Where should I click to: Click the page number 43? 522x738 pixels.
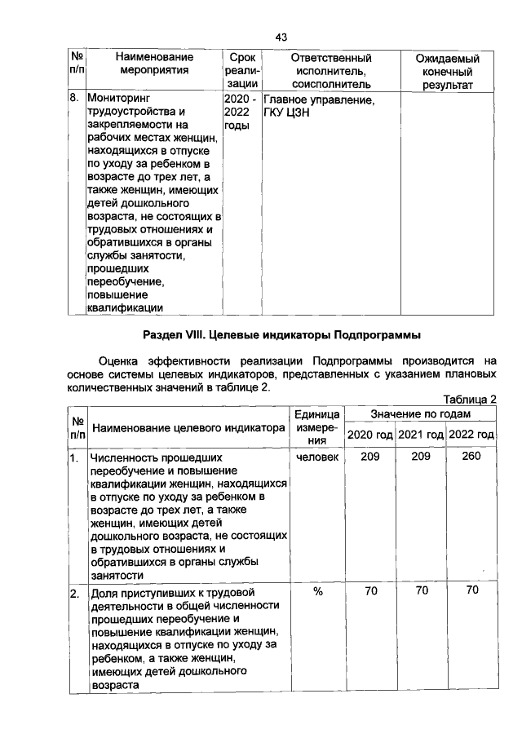click(282, 38)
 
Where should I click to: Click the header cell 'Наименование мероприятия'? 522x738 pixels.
click(154, 64)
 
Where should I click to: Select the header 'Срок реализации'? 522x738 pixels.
click(242, 71)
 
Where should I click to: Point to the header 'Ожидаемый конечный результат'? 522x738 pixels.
click(447, 72)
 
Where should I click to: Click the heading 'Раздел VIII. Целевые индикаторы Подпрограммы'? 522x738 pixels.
click(282, 335)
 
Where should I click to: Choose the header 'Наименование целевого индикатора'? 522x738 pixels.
click(188, 428)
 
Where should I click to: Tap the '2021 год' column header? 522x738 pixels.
click(420, 435)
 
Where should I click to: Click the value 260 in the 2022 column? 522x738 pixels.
click(471, 457)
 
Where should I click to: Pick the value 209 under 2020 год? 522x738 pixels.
click(370, 457)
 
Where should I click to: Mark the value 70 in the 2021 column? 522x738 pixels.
click(420, 591)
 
